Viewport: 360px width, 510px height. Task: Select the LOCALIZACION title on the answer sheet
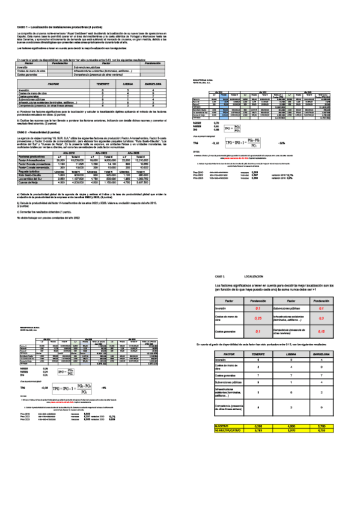pos(254,275)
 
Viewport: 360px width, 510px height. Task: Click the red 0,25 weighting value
pos(258,318)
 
